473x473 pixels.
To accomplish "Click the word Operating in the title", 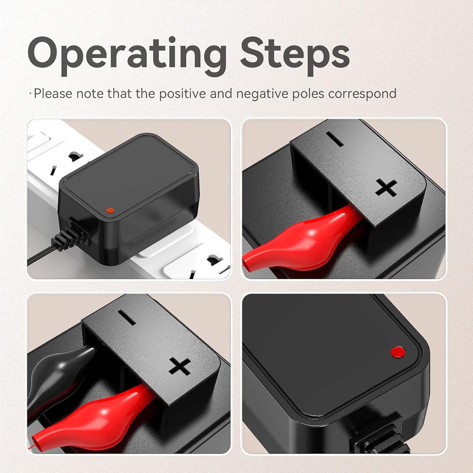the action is tap(127, 56).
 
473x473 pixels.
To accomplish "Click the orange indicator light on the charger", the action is tap(110, 210).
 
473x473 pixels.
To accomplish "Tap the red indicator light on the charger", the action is tap(398, 352).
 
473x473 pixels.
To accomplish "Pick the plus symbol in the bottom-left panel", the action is tap(180, 366).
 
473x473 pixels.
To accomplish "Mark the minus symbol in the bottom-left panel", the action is tap(127, 317).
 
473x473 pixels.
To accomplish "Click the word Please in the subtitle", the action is tap(53, 94).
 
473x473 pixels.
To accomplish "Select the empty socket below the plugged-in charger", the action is tap(208, 265).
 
